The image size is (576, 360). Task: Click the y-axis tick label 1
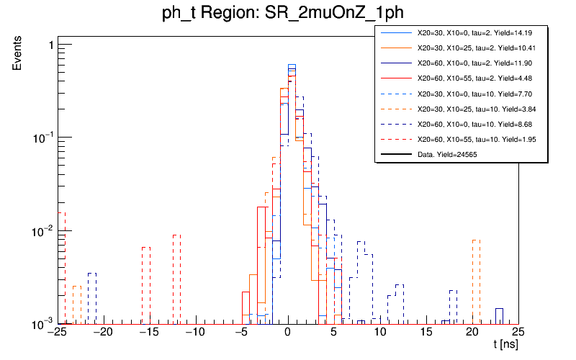click(x=51, y=45)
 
